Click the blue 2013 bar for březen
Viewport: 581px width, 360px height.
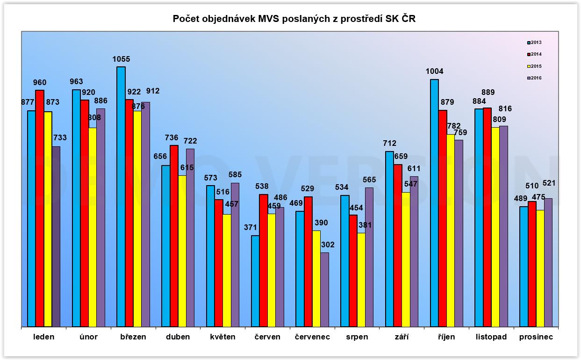121,196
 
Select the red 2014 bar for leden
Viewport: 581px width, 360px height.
40,208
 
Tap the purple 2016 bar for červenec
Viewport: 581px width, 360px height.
324,289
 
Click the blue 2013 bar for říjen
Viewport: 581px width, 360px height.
435,203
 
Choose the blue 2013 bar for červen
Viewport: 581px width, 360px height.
255,281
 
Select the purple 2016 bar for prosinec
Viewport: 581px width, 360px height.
548,262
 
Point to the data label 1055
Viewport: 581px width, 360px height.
121,59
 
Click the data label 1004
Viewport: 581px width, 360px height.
435,72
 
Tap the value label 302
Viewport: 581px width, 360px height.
328,245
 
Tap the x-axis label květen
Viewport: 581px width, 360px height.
222,337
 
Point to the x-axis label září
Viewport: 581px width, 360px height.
402,337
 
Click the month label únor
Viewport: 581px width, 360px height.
88,337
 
